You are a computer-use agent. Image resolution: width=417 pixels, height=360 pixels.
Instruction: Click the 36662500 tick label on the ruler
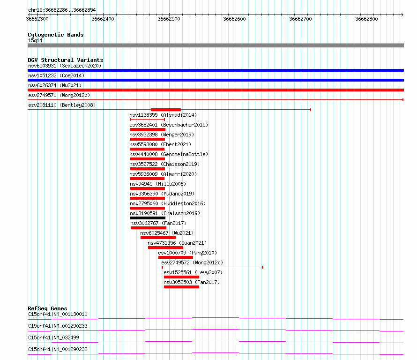(169, 19)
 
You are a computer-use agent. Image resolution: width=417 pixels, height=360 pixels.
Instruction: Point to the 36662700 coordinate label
(300, 19)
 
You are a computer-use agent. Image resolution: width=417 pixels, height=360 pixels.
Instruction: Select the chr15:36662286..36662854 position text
(62, 10)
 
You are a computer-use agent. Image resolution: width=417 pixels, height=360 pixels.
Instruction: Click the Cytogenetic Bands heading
(56, 35)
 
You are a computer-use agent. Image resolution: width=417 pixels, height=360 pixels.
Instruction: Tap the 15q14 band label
(35, 40)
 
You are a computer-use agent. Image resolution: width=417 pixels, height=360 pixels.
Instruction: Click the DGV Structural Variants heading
(66, 60)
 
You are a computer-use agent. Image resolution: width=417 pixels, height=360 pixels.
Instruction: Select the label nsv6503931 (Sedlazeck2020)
(65, 66)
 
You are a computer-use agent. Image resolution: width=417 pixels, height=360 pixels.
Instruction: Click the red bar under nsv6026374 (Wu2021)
(216, 90)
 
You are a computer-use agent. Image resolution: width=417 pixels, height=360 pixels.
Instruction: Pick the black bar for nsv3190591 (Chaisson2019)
(148, 218)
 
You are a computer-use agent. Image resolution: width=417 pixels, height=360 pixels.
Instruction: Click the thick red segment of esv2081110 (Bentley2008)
(166, 110)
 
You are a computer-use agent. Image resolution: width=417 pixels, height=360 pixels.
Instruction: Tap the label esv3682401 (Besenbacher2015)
(169, 125)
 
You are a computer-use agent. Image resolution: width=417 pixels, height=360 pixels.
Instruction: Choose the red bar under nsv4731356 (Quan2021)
(165, 247)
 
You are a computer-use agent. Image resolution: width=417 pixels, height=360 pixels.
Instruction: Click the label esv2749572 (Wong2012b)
(192, 262)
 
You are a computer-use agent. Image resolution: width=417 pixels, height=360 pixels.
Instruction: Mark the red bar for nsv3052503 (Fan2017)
(181, 287)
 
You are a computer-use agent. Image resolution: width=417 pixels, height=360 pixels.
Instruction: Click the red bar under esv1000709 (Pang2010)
(176, 257)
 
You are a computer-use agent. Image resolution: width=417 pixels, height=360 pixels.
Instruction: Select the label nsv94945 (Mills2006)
(158, 184)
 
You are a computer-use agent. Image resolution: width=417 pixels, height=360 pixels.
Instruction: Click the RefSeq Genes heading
(47, 308)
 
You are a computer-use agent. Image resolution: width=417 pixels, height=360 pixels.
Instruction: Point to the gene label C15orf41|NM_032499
(53, 337)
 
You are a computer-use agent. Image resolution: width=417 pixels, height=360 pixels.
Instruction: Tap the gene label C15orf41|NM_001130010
(58, 314)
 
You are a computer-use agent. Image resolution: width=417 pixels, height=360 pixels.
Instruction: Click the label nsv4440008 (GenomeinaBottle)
(169, 154)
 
